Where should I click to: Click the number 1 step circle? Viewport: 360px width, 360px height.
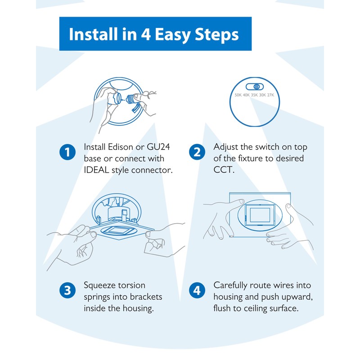[67, 152]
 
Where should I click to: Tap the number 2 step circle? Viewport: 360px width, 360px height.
[196, 152]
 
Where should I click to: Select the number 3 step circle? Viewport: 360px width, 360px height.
[67, 290]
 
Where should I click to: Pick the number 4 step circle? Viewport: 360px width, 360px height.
[196, 290]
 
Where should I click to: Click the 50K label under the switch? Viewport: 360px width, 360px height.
[238, 95]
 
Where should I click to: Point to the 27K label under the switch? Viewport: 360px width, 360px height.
[270, 95]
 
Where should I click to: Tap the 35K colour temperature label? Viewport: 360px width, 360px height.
[254, 95]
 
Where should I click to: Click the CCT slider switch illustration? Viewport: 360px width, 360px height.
[255, 86]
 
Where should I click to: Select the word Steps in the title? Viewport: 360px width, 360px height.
[217, 35]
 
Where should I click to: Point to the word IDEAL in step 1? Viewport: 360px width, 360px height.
[96, 170]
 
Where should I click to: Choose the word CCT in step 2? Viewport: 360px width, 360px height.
[221, 170]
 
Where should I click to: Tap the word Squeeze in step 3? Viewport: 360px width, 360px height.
[100, 285]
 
